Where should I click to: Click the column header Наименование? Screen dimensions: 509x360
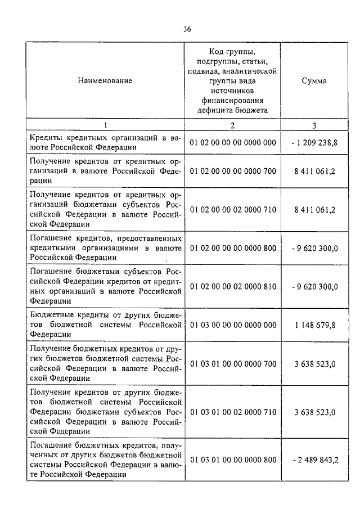point(105,81)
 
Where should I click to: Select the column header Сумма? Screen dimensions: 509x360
point(314,81)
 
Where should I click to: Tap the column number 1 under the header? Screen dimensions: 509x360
point(105,125)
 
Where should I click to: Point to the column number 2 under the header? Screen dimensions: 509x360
point(232,125)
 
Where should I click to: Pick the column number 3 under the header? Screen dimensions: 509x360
point(314,125)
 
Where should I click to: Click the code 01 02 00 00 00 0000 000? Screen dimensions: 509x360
point(233,143)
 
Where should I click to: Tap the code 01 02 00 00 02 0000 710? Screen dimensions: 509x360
point(233,209)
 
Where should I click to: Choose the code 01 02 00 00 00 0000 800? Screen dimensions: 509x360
point(233,248)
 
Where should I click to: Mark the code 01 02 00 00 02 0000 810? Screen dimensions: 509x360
point(233,286)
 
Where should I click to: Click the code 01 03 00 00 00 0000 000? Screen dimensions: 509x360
point(233,325)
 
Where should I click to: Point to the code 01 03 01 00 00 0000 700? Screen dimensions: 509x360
point(233,363)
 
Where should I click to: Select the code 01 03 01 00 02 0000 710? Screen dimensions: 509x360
point(233,412)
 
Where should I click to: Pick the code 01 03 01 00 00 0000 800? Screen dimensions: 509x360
point(233,460)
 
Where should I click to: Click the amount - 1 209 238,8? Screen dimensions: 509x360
point(314,143)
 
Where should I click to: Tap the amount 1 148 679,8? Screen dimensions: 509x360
point(314,325)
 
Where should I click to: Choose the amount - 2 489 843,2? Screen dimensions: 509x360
point(314,460)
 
